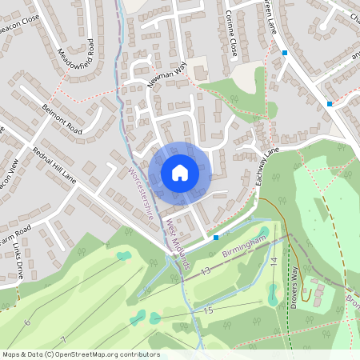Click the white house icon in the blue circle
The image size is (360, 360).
tap(180, 172)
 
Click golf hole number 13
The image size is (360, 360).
tap(206, 272)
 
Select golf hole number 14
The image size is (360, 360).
tap(273, 262)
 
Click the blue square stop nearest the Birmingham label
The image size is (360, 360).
tap(216, 237)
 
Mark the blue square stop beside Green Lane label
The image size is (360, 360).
tap(284, 53)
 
